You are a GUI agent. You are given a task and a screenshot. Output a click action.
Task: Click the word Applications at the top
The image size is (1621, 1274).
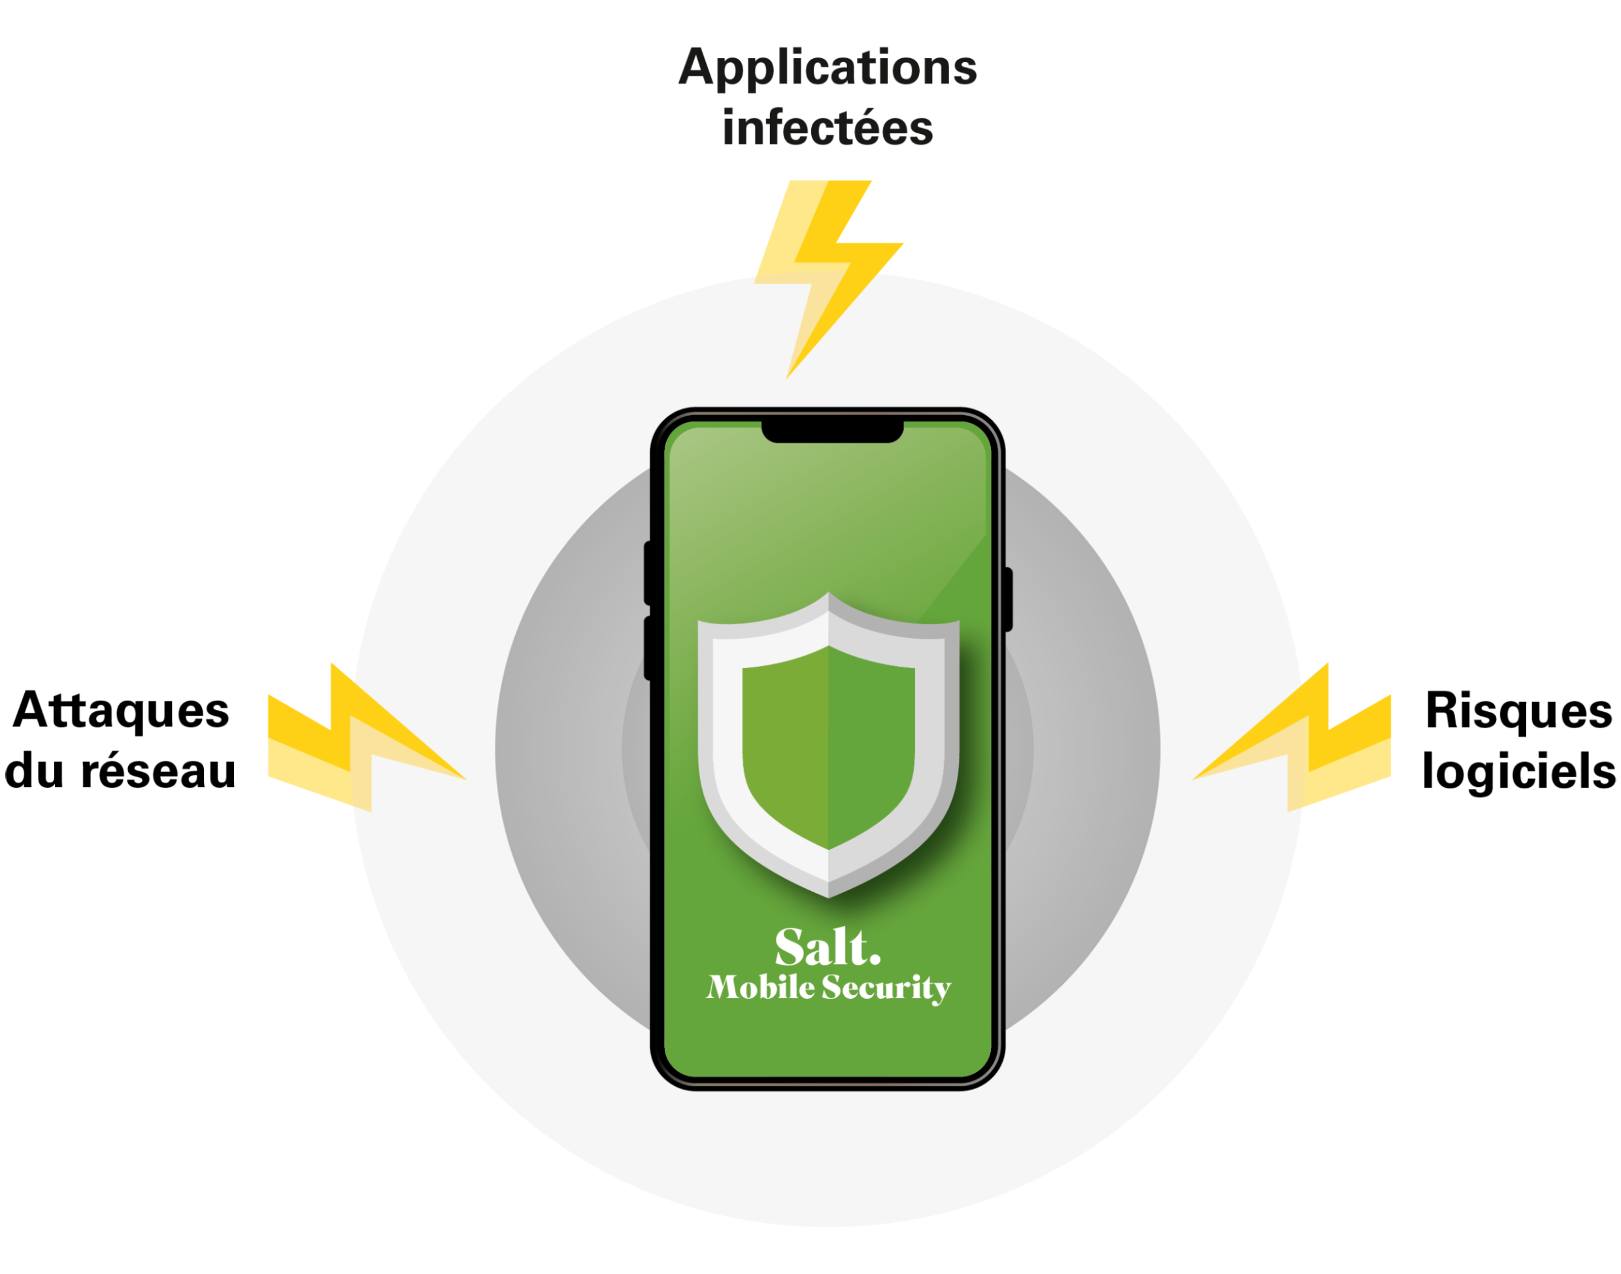[827, 69]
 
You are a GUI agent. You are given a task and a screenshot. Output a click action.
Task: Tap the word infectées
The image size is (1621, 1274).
[827, 128]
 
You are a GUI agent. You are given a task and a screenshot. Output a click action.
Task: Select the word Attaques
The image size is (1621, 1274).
[122, 710]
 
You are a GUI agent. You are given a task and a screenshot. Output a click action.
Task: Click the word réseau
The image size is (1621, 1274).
[158, 771]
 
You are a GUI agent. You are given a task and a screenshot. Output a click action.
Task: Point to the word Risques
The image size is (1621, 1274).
[1518, 710]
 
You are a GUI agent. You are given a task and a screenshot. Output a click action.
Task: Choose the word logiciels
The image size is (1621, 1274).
[1518, 771]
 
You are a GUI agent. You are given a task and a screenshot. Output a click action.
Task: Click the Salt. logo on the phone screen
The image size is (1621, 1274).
[827, 947]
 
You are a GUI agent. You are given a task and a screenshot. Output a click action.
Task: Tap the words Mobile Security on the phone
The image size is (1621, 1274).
[828, 988]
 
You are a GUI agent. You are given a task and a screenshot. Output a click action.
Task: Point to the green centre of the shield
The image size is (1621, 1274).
[828, 746]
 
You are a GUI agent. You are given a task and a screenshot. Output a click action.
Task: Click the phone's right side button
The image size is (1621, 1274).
[1008, 599]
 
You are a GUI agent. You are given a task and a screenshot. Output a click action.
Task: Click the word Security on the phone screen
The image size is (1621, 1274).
[886, 988]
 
